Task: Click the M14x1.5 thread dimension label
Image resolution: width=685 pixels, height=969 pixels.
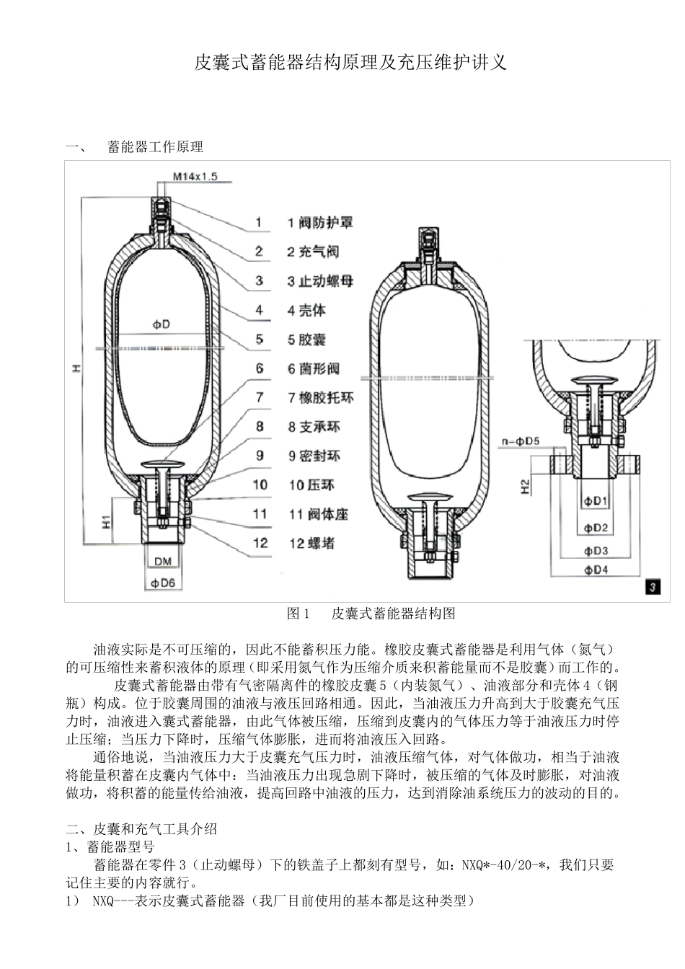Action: [x=195, y=176]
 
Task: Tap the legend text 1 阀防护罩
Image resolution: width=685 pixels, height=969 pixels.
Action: [x=320, y=223]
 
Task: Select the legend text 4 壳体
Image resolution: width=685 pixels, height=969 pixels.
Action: [x=306, y=311]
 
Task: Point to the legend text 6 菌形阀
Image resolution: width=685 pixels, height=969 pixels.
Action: [x=314, y=369]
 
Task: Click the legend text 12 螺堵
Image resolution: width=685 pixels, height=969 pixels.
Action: [x=311, y=544]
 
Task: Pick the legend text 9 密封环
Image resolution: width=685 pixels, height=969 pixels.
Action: [x=314, y=456]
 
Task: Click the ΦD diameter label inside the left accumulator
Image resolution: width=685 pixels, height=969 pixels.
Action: [x=161, y=325]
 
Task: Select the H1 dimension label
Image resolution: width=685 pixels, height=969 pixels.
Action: [x=105, y=521]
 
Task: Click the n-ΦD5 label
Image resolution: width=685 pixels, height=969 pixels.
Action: [x=518, y=440]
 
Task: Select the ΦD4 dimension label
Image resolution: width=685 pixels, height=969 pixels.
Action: [x=596, y=570]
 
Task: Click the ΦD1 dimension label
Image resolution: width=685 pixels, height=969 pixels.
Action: [x=596, y=501]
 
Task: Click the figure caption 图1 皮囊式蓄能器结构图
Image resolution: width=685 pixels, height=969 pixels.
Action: [x=371, y=614]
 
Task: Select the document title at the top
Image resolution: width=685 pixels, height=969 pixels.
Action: [x=351, y=63]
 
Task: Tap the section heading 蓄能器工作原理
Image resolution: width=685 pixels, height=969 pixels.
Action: [x=155, y=147]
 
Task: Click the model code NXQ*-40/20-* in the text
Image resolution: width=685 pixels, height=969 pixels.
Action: [x=507, y=864]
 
